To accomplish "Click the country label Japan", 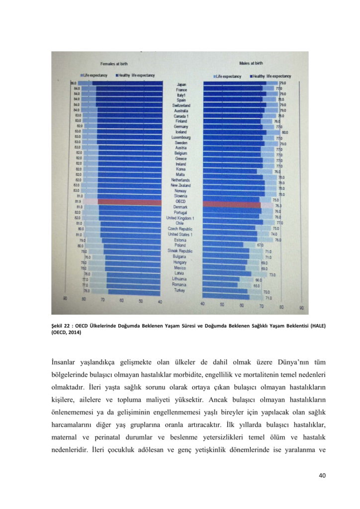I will pyautogui.click(x=181, y=85).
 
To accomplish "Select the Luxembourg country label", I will pyautogui.click(x=181, y=137).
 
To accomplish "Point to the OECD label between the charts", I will pyautogui.click(x=181, y=201).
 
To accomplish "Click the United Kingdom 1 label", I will pyautogui.click(x=180, y=218).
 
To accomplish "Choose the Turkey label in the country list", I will pyautogui.click(x=180, y=290).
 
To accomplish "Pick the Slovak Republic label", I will pyautogui.click(x=180, y=251).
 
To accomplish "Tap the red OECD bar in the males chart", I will pyautogui.click(x=231, y=204).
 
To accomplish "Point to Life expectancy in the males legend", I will pyautogui.click(x=229, y=76).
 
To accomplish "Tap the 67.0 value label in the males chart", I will pyautogui.click(x=260, y=245).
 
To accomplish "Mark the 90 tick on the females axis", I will pyautogui.click(x=65, y=298).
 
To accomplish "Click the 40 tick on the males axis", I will pyautogui.click(x=203, y=303).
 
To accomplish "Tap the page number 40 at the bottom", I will pyautogui.click(x=321, y=476).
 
